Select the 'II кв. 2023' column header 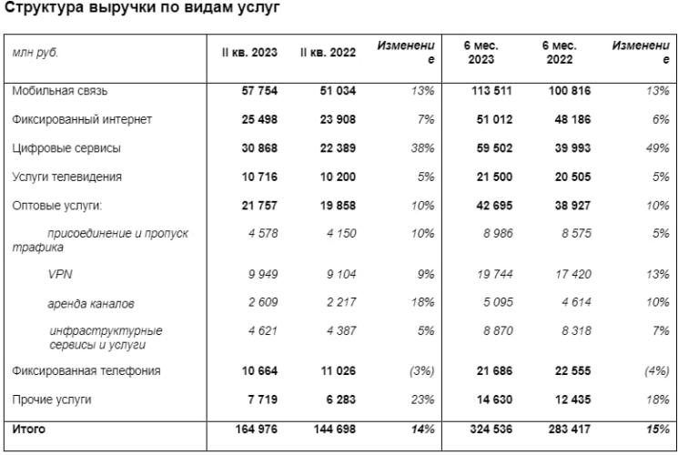pos(250,53)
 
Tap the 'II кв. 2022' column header pos(328,53)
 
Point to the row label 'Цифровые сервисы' pos(66,147)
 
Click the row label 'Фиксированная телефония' pos(86,370)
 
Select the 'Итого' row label pos(30,428)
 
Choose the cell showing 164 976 pos(254,428)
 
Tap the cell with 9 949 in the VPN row pos(260,274)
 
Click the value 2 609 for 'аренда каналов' pos(260,302)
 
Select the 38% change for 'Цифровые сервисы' pos(422,147)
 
